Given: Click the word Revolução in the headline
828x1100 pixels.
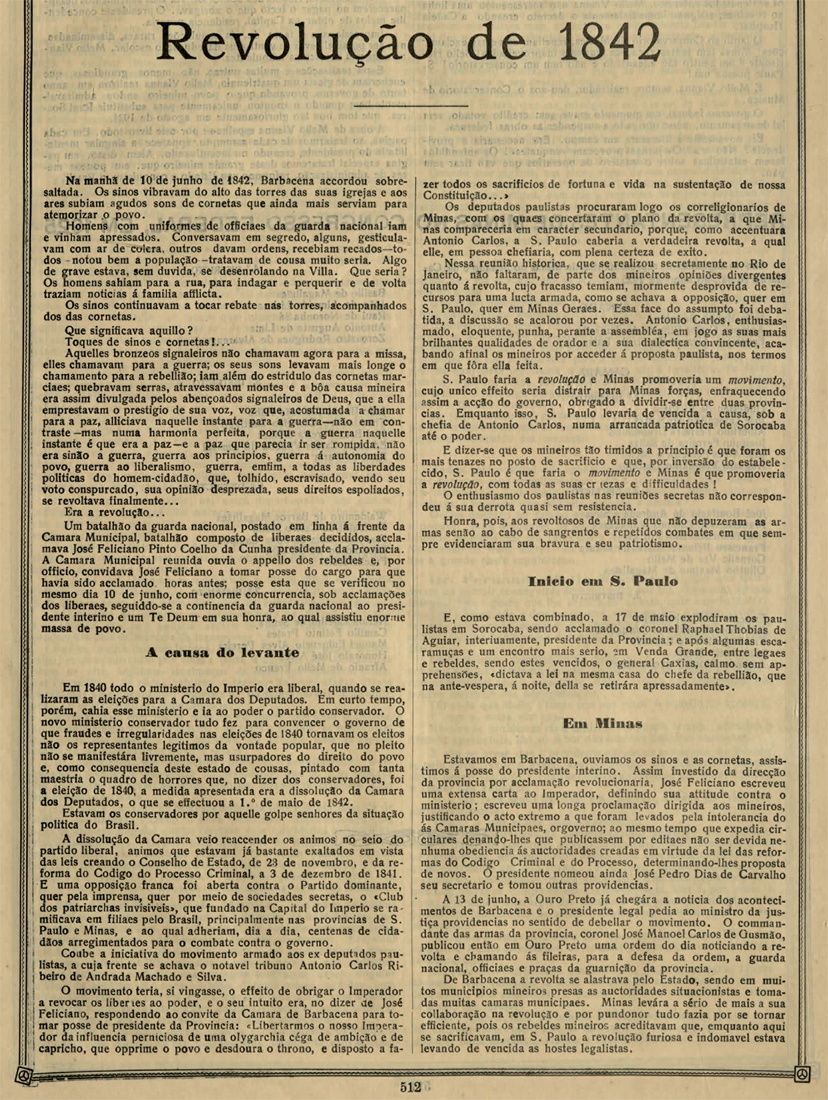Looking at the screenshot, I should (294, 43).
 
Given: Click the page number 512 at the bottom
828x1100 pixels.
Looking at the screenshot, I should (410, 1086).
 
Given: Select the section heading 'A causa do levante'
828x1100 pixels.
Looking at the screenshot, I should (222, 652).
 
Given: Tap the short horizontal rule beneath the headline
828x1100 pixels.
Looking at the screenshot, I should (411, 106).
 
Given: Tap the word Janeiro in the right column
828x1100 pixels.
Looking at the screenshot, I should (443, 275).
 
